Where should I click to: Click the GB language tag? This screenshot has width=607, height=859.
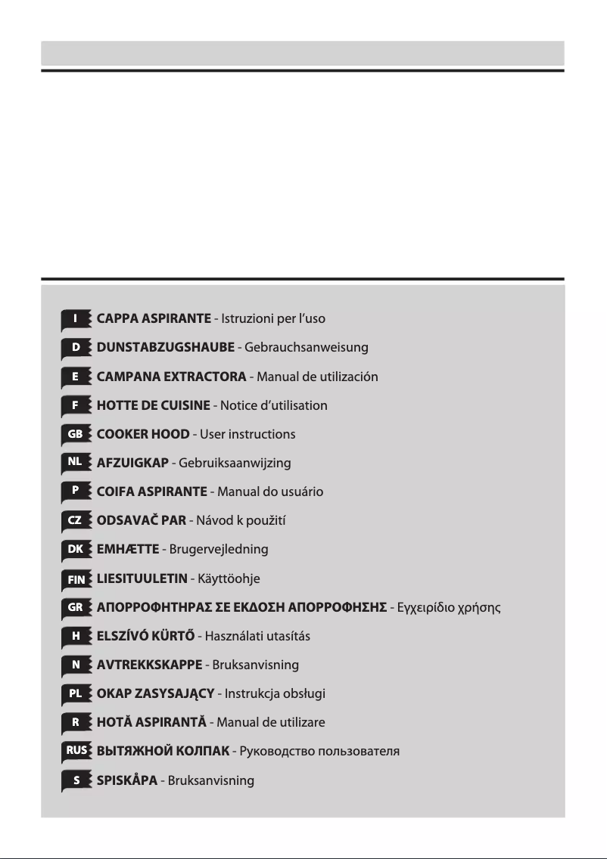[75, 434]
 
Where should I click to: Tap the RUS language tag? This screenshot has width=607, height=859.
[75, 751]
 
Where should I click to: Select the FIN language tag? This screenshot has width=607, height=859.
[75, 578]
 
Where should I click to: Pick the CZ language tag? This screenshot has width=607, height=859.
[75, 520]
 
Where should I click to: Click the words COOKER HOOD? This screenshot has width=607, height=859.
[143, 434]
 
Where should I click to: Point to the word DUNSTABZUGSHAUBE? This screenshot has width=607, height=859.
[165, 348]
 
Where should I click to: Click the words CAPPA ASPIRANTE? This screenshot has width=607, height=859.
[154, 318]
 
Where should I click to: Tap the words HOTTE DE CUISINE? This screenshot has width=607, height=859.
[153, 405]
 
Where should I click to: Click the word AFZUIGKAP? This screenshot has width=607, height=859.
[132, 463]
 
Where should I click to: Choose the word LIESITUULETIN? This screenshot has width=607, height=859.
[142, 578]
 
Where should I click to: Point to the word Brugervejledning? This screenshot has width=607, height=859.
[219, 549]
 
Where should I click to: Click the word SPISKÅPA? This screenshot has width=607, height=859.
[126, 780]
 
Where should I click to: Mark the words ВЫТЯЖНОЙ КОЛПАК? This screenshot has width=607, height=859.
[162, 751]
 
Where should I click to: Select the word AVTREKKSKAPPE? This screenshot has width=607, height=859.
[149, 665]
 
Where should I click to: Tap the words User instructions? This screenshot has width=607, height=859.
[247, 434]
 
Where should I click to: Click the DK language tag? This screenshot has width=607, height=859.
[75, 549]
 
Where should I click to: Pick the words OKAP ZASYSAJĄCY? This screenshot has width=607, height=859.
[155, 693]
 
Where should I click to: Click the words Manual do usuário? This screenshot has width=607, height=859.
[270, 492]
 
